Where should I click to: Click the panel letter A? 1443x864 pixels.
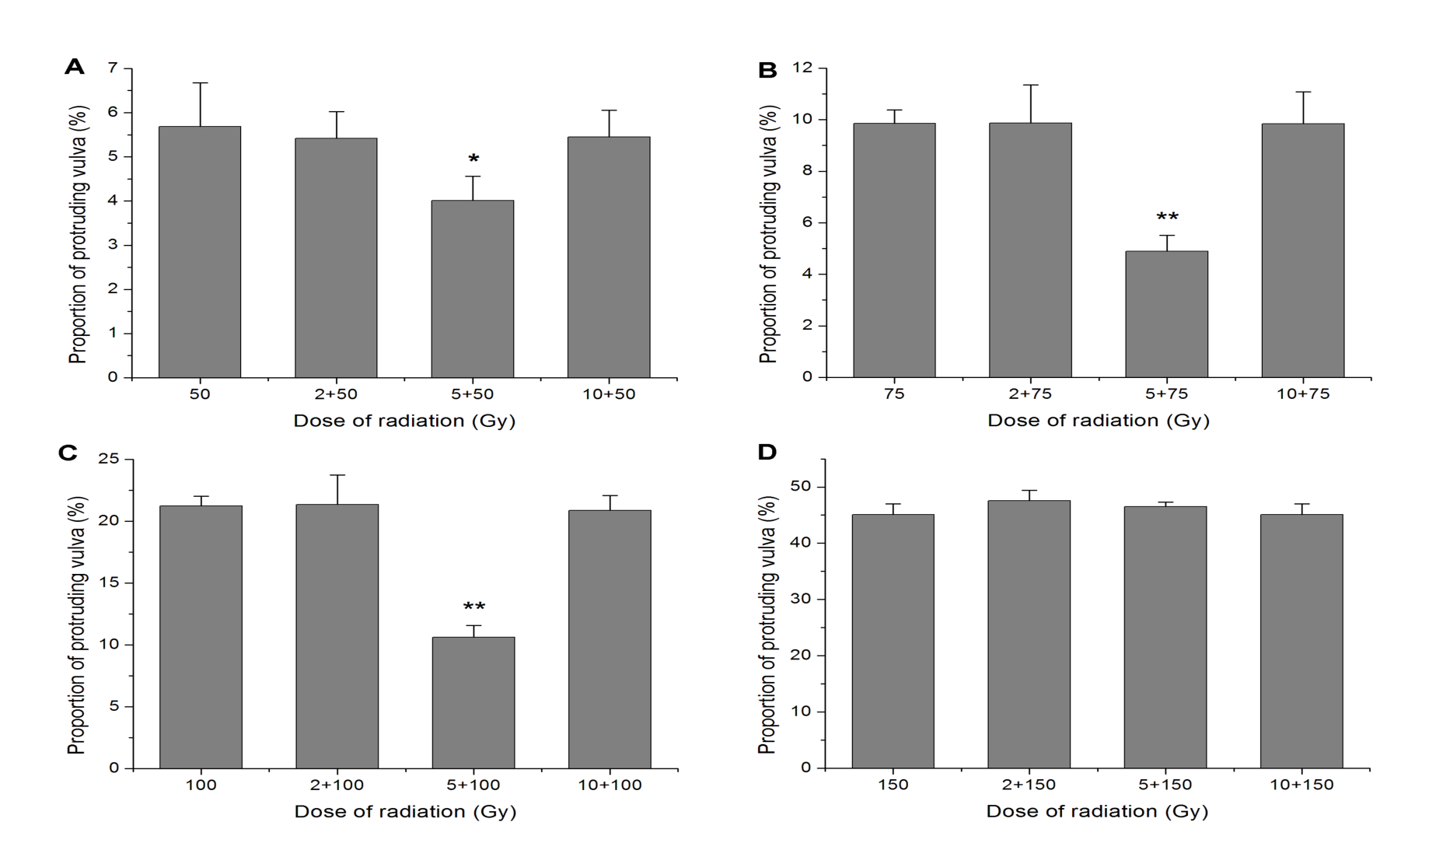pyautogui.click(x=74, y=67)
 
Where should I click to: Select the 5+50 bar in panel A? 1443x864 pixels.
pyautogui.click(x=472, y=289)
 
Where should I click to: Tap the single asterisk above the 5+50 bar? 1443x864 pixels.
pyautogui.click(x=473, y=159)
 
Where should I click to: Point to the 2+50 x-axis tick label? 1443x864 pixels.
pyautogui.click(x=336, y=394)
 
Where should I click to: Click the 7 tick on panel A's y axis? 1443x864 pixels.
pyautogui.click(x=114, y=68)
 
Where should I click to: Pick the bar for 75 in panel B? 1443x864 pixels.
pyautogui.click(x=894, y=250)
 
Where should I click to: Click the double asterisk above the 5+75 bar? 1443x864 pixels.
pyautogui.click(x=1167, y=217)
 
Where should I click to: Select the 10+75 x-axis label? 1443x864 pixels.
pyautogui.click(x=1303, y=394)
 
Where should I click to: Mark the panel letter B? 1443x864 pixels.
pyautogui.click(x=767, y=71)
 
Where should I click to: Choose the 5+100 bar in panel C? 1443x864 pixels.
pyautogui.click(x=473, y=702)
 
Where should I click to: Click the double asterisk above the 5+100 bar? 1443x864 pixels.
pyautogui.click(x=474, y=607)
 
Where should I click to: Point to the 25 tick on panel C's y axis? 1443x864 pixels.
pyautogui.click(x=110, y=460)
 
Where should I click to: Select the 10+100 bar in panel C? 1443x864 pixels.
pyautogui.click(x=610, y=638)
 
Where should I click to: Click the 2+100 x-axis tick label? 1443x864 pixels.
pyautogui.click(x=337, y=785)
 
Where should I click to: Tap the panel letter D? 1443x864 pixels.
pyautogui.click(x=767, y=453)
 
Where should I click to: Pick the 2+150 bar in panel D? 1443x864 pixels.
pyautogui.click(x=1029, y=634)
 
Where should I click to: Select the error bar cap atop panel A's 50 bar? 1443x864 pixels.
pyautogui.click(x=200, y=82)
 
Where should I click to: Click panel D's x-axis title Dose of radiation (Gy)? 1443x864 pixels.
pyautogui.click(x=1097, y=812)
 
